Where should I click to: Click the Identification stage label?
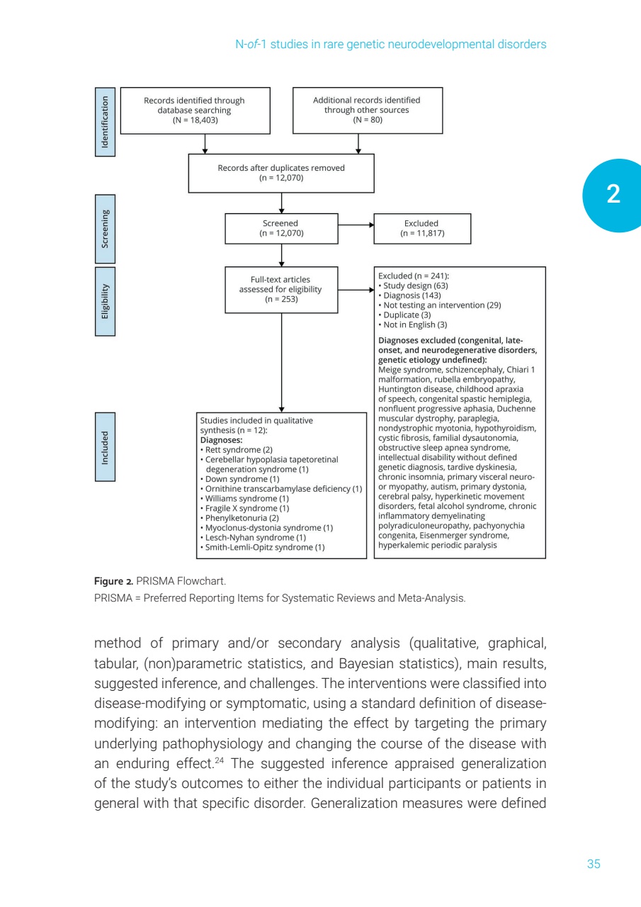click(105, 121)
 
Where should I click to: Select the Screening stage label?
click(105, 228)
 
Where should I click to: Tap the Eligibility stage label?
click(105, 300)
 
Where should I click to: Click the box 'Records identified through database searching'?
click(195, 111)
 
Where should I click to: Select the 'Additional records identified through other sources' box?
click(367, 111)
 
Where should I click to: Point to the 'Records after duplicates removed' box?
click(281, 173)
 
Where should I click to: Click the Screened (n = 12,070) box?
click(281, 228)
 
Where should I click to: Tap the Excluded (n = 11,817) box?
click(421, 228)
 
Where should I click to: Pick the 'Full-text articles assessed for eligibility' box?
click(280, 289)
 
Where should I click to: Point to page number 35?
click(594, 864)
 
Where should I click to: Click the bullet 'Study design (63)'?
click(415, 286)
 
